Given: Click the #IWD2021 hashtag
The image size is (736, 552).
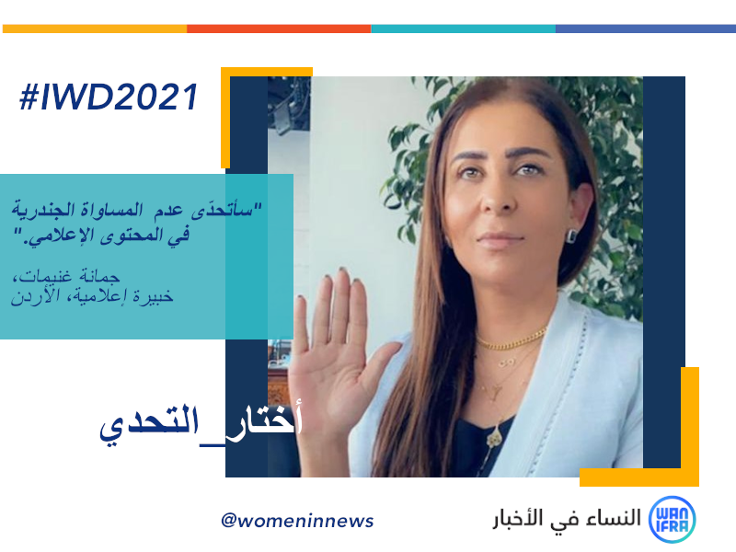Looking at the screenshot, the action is pyautogui.click(x=109, y=98).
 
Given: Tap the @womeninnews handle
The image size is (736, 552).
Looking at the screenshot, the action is pyautogui.click(x=297, y=521).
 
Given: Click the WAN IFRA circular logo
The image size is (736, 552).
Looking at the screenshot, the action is pyautogui.click(x=672, y=520).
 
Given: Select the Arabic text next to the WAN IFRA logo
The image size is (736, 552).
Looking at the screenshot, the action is pyautogui.click(x=567, y=519).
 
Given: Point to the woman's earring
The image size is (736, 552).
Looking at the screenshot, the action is pyautogui.click(x=572, y=236).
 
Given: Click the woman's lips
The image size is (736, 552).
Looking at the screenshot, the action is pyautogui.click(x=500, y=239).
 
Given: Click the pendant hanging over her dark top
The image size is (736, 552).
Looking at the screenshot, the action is pyautogui.click(x=493, y=439).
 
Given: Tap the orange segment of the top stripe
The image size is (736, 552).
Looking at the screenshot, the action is pyautogui.click(x=279, y=29).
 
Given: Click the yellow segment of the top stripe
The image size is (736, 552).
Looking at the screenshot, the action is pyautogui.click(x=95, y=29).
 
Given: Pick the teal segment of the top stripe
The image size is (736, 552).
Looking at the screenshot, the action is pyautogui.click(x=464, y=29).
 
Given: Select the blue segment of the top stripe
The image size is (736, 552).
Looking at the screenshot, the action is pyautogui.click(x=646, y=29).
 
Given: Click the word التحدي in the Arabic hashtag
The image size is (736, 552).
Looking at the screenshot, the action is pyautogui.click(x=148, y=424).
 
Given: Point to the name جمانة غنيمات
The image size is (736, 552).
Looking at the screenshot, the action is pyautogui.click(x=66, y=276).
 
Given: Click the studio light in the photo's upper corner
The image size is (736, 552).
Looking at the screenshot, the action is pyautogui.click(x=289, y=105).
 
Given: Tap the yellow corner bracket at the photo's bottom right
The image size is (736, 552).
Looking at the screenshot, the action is pyautogui.click(x=689, y=477).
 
